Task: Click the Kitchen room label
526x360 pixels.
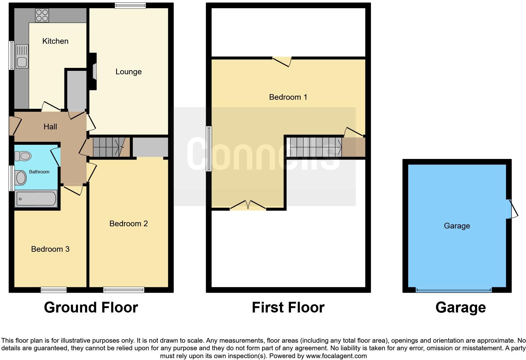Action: pos(55,41)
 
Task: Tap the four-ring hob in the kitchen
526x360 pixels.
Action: pos(42,15)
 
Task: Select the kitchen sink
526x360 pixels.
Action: pos(22,57)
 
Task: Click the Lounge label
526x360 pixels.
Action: pos(128,72)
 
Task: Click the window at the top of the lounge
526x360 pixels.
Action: pos(130,5)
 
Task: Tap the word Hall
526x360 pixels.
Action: pos(50,127)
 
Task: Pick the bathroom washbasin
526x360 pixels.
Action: pos(21,177)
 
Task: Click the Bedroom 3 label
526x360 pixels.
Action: pos(50,249)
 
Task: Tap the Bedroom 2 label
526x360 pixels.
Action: pos(128,224)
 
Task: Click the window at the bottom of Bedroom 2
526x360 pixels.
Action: pos(124,290)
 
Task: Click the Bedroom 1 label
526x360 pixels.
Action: pos(288,97)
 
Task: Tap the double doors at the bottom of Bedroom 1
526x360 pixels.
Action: pos(248,205)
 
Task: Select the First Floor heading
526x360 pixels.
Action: pos(288,307)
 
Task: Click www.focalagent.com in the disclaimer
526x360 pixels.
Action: pos(336,356)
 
